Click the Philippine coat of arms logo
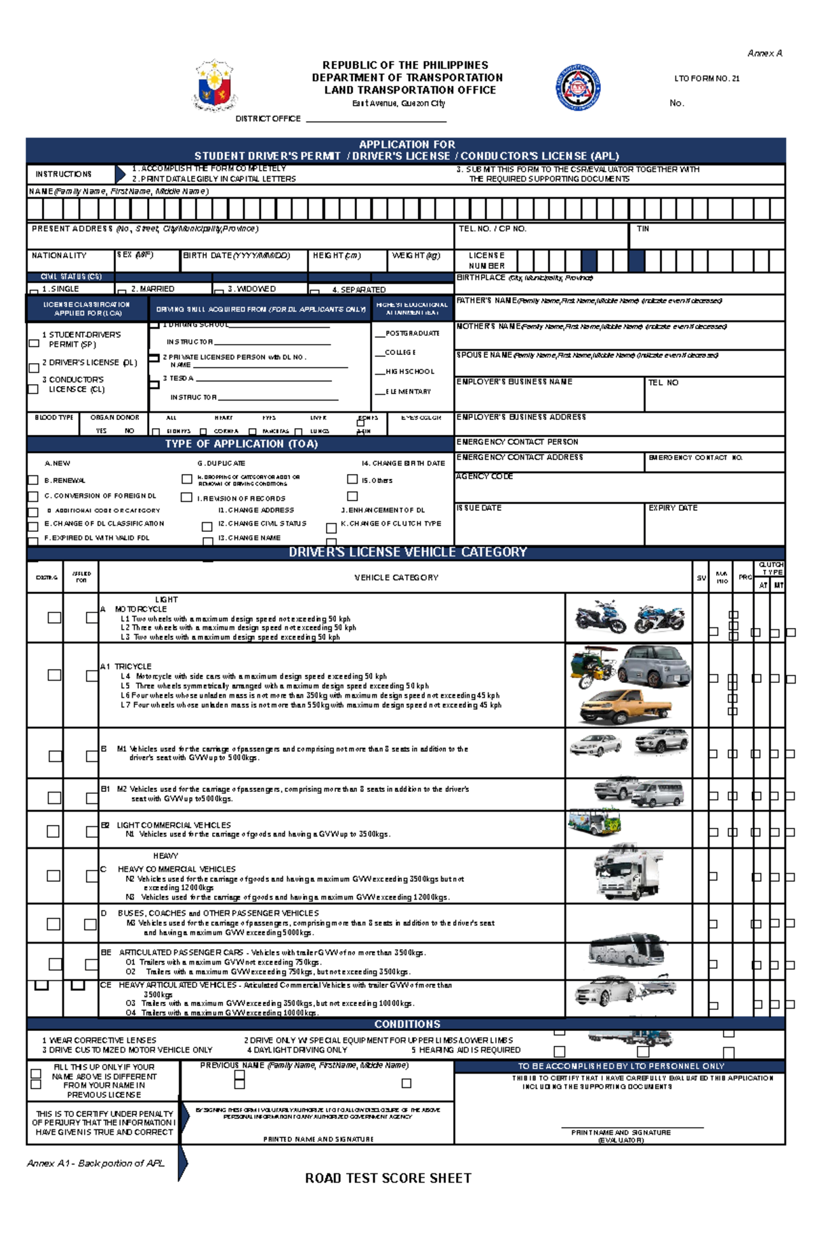pos(215,86)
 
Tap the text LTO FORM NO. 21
pos(706,79)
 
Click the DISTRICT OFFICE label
pos(268,119)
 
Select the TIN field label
pos(643,229)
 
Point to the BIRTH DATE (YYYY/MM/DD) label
pos(236,255)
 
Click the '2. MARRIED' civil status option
pos(152,289)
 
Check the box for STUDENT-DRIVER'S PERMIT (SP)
pos(34,343)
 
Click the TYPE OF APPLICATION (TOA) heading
pos(241,444)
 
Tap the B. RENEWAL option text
pos(64,480)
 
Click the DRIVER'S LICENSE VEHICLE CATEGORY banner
pos(407,552)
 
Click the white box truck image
pos(628,874)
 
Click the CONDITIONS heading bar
pos(407,1024)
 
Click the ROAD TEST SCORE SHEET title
pos(388,1178)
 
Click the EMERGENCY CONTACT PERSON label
pos(517,442)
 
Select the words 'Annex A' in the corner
pos(764,53)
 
